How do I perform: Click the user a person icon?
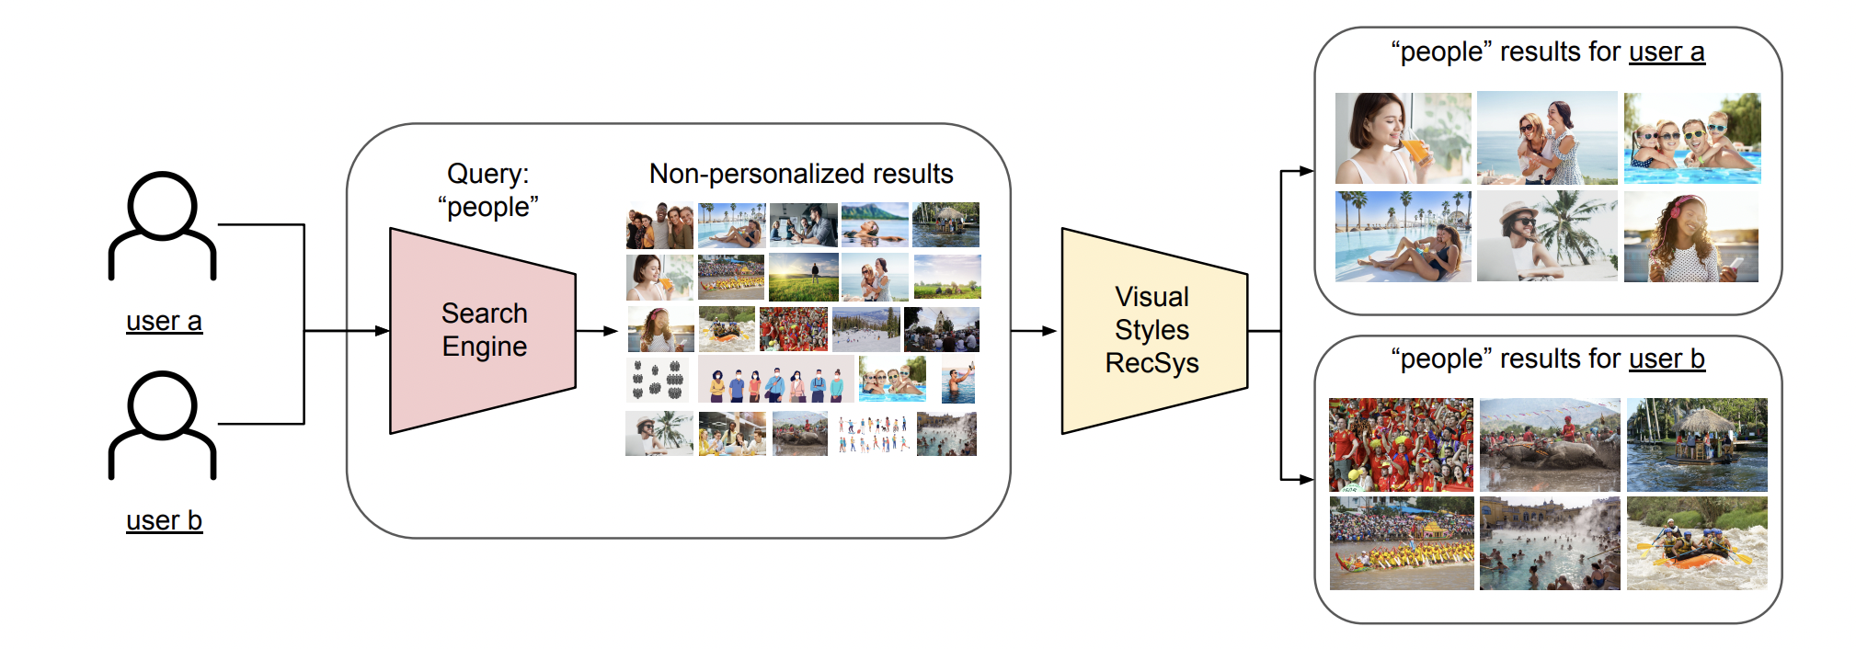[162, 225]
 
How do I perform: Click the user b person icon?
[162, 425]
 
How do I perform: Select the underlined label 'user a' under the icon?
[164, 321]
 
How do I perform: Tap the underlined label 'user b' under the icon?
[164, 520]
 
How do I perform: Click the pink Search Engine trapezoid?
[483, 330]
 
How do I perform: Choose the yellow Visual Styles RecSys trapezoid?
[1153, 330]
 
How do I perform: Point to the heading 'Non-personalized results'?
[800, 174]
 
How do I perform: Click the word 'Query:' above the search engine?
[487, 174]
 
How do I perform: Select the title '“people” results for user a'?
[1547, 52]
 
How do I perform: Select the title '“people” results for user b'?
[1547, 359]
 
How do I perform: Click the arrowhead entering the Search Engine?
[383, 331]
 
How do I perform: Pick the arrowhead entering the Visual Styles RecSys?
[1049, 331]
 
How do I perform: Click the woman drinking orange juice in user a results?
[1403, 138]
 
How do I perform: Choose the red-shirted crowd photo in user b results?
[1401, 444]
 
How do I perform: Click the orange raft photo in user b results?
[1697, 543]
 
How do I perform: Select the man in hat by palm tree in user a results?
[1547, 236]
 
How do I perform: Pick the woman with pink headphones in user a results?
[1690, 236]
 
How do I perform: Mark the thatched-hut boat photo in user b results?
[1697, 444]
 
